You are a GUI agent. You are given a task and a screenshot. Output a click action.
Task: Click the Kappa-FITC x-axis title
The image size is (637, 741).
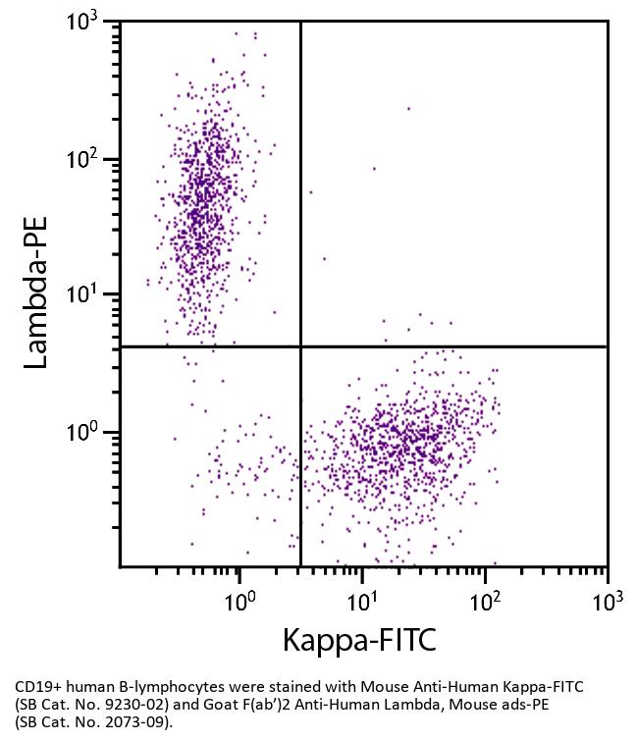[358, 640]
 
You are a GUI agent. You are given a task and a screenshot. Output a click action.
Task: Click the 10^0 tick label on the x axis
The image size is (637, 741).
[239, 601]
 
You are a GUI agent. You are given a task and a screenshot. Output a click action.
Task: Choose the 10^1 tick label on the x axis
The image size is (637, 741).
[362, 601]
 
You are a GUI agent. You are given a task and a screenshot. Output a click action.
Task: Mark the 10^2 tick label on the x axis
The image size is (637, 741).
[485, 601]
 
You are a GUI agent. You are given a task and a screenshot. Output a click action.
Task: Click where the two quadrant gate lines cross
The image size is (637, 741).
[300, 346]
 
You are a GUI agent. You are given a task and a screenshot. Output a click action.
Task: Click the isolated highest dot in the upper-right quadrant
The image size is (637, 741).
[408, 109]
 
